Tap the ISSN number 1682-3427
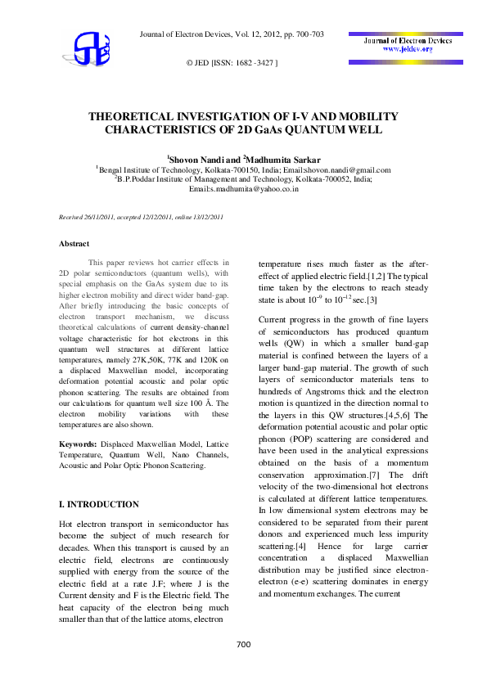[254, 62]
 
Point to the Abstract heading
[74, 243]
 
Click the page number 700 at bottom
[243, 645]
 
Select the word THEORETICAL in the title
[134, 117]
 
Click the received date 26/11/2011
[110, 217]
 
